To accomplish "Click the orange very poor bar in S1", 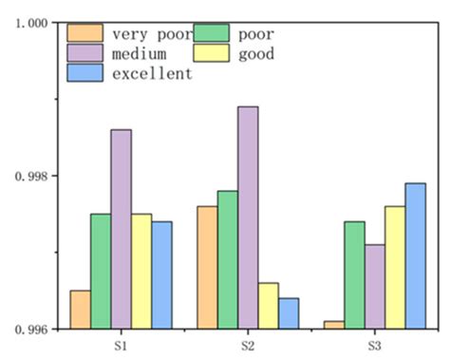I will click(81, 310).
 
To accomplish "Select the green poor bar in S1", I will click(101, 272).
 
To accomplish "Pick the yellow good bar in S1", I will click(141, 272).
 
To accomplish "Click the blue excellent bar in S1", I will click(161, 275).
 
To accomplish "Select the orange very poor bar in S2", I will click(207, 268).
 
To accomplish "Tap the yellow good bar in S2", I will click(269, 306).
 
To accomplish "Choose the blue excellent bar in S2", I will click(289, 313).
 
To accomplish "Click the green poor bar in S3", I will click(354, 275).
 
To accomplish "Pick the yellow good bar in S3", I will click(395, 268).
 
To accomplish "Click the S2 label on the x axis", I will click(248, 345).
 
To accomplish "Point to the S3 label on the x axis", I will click(374, 345).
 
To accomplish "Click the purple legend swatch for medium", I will click(79, 53).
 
